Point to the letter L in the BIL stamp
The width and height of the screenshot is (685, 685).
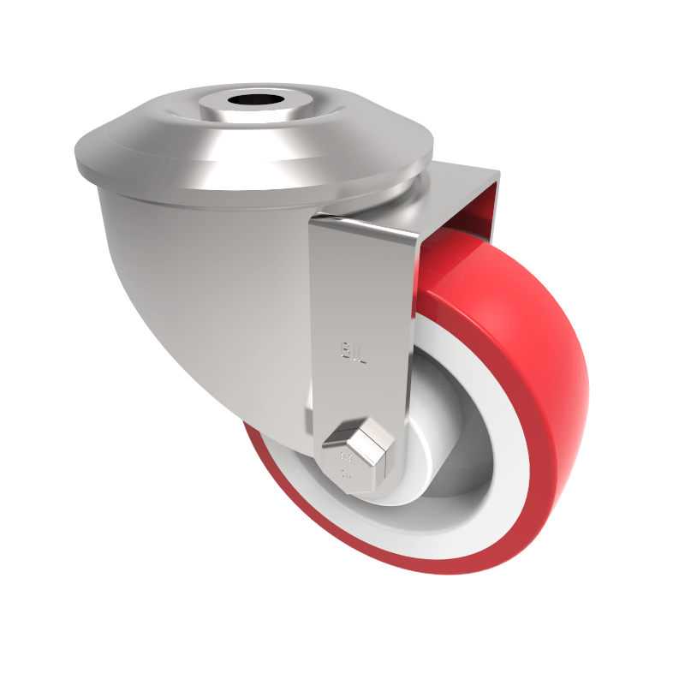tap(362, 353)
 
